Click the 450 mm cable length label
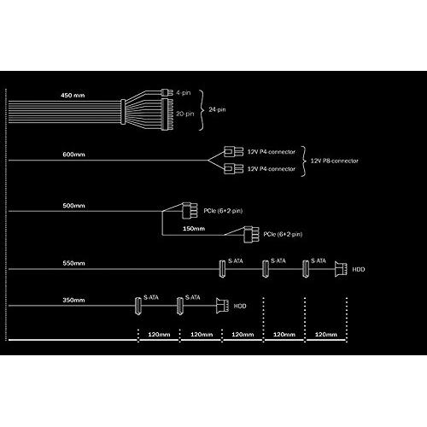[x=73, y=96]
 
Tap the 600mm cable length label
[x=73, y=155]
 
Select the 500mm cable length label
[x=73, y=206]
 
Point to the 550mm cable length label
[x=73, y=263]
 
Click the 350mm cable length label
[x=73, y=300]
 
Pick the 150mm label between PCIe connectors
[x=194, y=229]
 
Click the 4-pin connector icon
[x=167, y=92]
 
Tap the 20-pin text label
[x=185, y=114]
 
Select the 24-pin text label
[x=217, y=109]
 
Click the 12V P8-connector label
[x=334, y=161]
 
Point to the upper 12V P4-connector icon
[x=233, y=151]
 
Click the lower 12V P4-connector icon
[x=233, y=168]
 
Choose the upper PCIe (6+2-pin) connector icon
[x=190, y=211]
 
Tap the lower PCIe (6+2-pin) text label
[x=283, y=234]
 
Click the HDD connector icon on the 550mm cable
[x=341, y=269]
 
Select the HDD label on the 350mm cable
[x=240, y=307]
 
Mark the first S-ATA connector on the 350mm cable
[x=138, y=306]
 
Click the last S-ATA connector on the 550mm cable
[x=306, y=268]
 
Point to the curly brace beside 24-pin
[x=202, y=110]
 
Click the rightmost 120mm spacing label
[x=326, y=335]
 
